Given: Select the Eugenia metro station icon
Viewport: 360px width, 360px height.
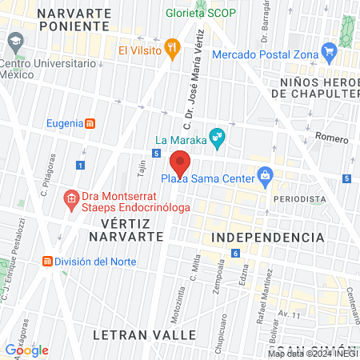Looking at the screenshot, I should point(92,123).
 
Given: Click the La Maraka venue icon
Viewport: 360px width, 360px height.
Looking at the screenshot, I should point(215,138).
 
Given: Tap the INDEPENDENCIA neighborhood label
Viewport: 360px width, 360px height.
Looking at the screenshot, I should point(268,238).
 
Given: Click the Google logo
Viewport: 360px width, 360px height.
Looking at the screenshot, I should point(26,350).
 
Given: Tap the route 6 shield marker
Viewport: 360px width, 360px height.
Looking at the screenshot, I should point(235,254).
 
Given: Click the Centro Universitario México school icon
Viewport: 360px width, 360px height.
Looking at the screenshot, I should point(13,41).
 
